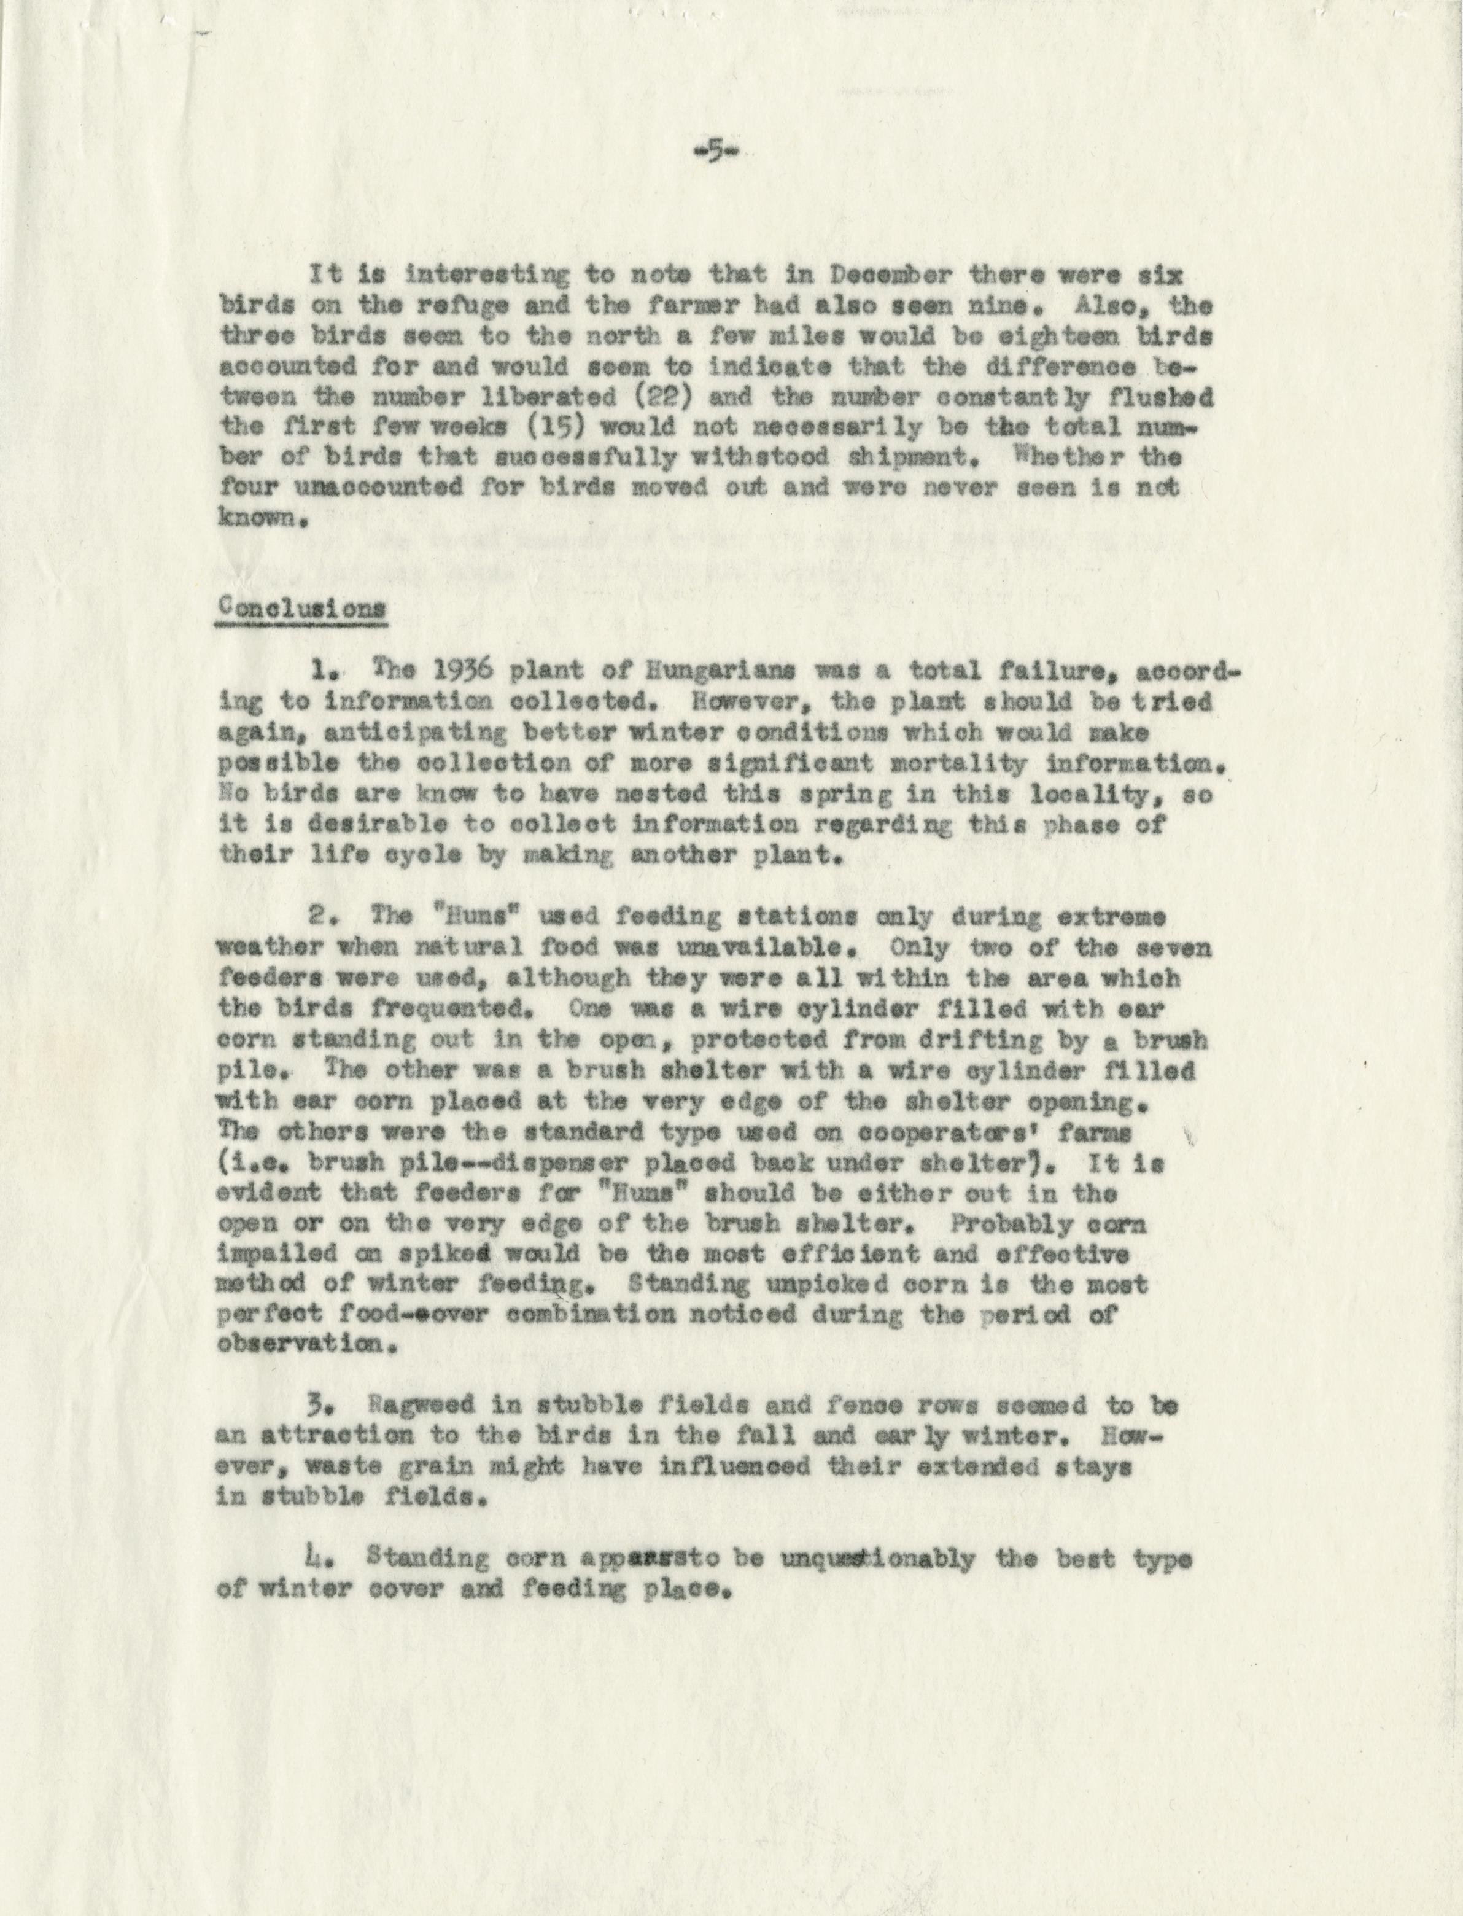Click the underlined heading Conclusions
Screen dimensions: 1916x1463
(x=300, y=609)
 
